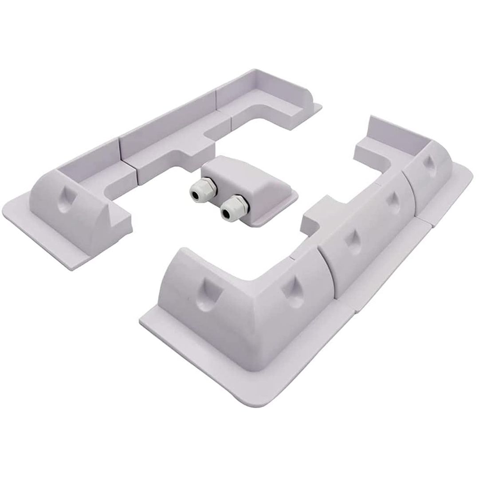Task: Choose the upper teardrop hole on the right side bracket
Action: (392, 199)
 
